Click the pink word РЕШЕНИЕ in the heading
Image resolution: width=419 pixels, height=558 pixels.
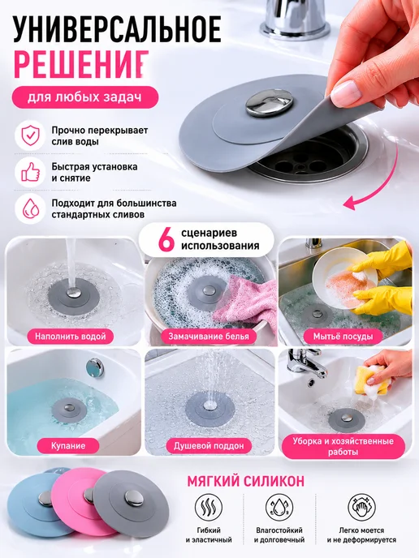point(81,64)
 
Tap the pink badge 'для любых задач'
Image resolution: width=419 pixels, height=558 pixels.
point(84,97)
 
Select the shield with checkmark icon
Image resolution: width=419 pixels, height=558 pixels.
point(30,136)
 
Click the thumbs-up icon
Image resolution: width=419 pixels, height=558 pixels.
point(30,172)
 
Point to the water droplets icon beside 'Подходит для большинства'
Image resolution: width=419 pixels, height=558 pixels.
point(30,209)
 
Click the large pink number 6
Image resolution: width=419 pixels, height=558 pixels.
point(166,240)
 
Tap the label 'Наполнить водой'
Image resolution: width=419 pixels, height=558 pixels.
point(70,337)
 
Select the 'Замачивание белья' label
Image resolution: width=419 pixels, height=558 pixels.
point(209,337)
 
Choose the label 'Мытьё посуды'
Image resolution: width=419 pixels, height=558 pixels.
point(343,337)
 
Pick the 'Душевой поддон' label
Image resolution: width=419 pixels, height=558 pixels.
point(209,445)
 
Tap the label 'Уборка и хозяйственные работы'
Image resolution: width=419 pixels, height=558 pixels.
point(343,447)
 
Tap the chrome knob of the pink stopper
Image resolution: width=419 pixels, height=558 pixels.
point(90,496)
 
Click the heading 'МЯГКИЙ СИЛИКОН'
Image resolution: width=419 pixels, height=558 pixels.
point(246,481)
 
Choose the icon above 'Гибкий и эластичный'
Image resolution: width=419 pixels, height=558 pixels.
point(209,507)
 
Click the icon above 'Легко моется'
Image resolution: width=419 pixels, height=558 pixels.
point(361,507)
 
